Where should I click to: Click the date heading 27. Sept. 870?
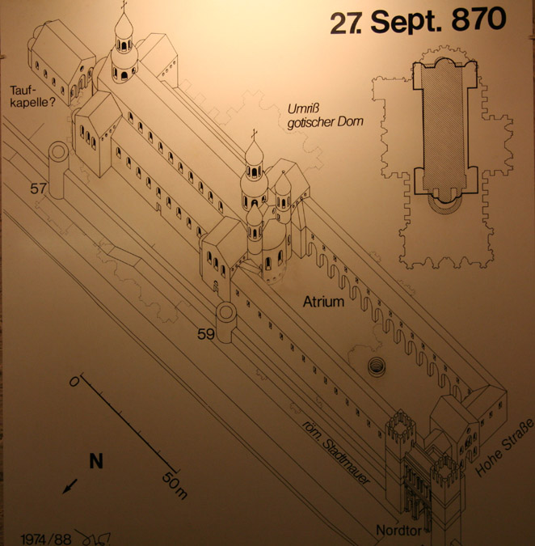click(418, 21)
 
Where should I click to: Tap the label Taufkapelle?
click(32, 96)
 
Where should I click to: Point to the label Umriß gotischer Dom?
click(325, 116)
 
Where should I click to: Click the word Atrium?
click(323, 302)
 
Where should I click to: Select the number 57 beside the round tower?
click(38, 188)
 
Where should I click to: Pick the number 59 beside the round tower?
click(205, 334)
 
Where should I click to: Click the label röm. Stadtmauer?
click(335, 452)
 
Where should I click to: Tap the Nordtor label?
click(398, 531)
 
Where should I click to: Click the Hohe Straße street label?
click(504, 447)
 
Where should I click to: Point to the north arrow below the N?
click(70, 486)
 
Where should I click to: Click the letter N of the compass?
click(96, 461)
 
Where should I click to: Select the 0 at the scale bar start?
click(74, 382)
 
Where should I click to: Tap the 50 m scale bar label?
click(175, 485)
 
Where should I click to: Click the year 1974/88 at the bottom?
click(45, 539)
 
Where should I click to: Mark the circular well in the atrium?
click(377, 366)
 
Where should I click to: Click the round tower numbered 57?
click(58, 170)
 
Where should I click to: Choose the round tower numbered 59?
click(226, 322)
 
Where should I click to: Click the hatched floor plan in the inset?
click(444, 129)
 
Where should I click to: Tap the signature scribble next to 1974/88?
click(95, 538)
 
